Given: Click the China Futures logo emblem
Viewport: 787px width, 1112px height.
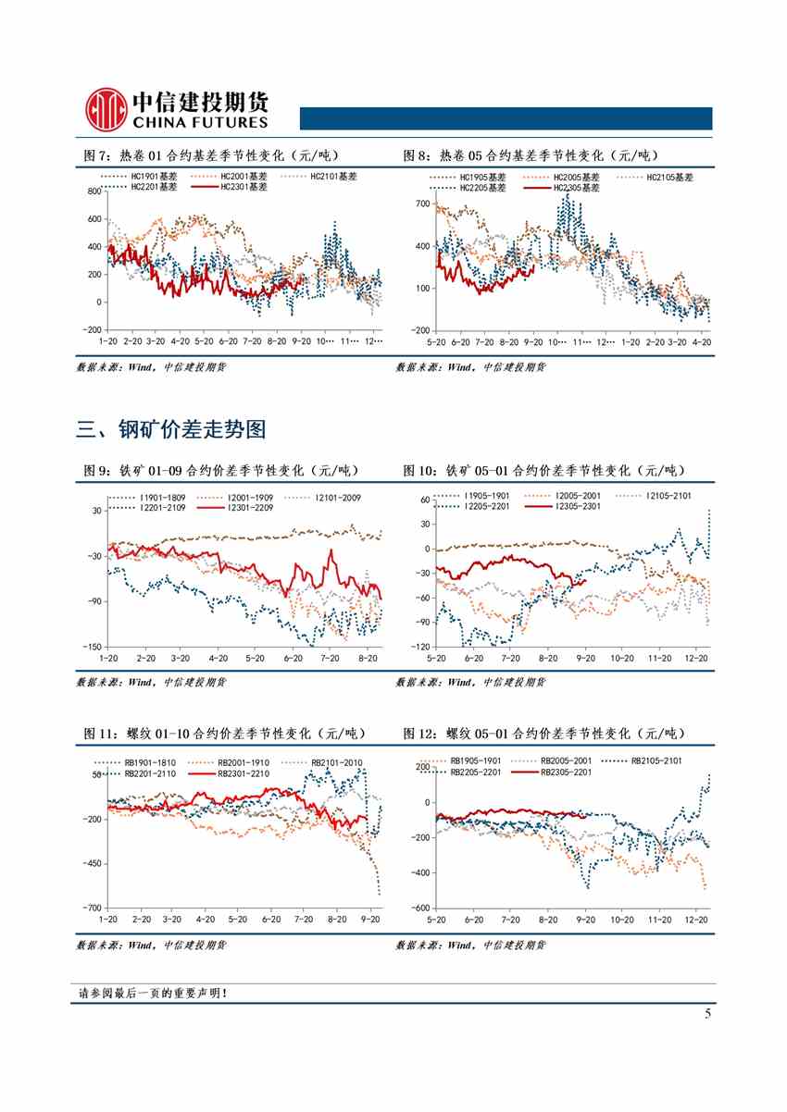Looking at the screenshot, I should (104, 109).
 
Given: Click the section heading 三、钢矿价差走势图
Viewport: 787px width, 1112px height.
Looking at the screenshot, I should (171, 429).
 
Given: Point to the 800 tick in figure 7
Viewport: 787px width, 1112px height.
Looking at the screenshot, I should (93, 192).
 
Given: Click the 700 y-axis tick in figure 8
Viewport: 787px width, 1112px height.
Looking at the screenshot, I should (421, 204).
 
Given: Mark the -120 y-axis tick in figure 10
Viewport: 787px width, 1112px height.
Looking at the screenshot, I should (419, 646).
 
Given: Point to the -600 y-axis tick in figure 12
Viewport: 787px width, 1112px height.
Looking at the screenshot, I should (419, 908).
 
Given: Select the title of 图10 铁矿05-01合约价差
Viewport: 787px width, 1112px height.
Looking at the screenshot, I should (546, 471).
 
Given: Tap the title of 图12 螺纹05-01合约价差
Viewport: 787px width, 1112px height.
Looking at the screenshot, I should (546, 733).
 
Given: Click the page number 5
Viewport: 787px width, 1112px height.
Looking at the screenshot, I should (707, 1014).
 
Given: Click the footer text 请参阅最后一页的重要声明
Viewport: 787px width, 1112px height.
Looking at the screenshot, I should (153, 994).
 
